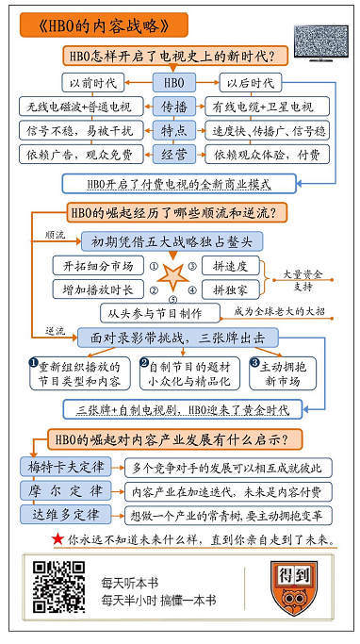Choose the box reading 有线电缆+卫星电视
click(x=267, y=105)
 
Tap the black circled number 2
click(x=144, y=359)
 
